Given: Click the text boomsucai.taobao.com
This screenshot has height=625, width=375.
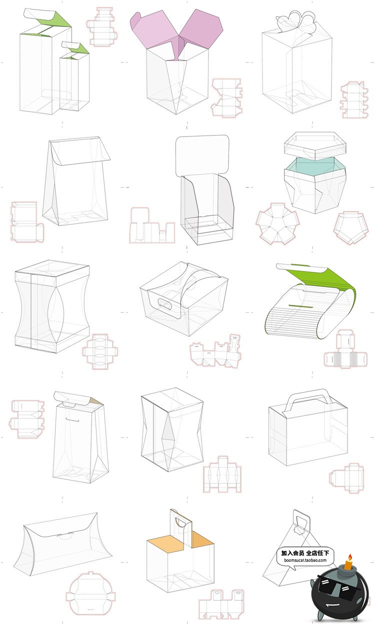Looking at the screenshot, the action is tap(305, 560).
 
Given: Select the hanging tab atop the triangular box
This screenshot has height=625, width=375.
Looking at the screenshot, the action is tap(301, 521).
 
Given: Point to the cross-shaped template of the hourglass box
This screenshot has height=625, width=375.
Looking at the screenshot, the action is tap(100, 351).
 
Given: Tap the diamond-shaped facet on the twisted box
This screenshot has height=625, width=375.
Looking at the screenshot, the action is tap(169, 429).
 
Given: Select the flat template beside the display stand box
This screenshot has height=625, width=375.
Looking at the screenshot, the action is tap(152, 225).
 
